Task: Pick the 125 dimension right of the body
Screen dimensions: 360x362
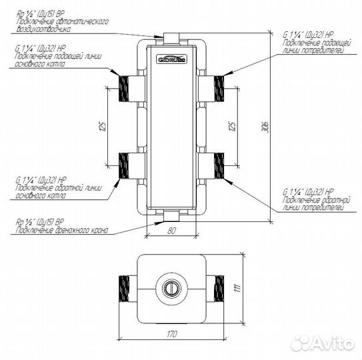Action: (231, 127)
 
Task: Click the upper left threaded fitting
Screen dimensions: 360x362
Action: (125, 87)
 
